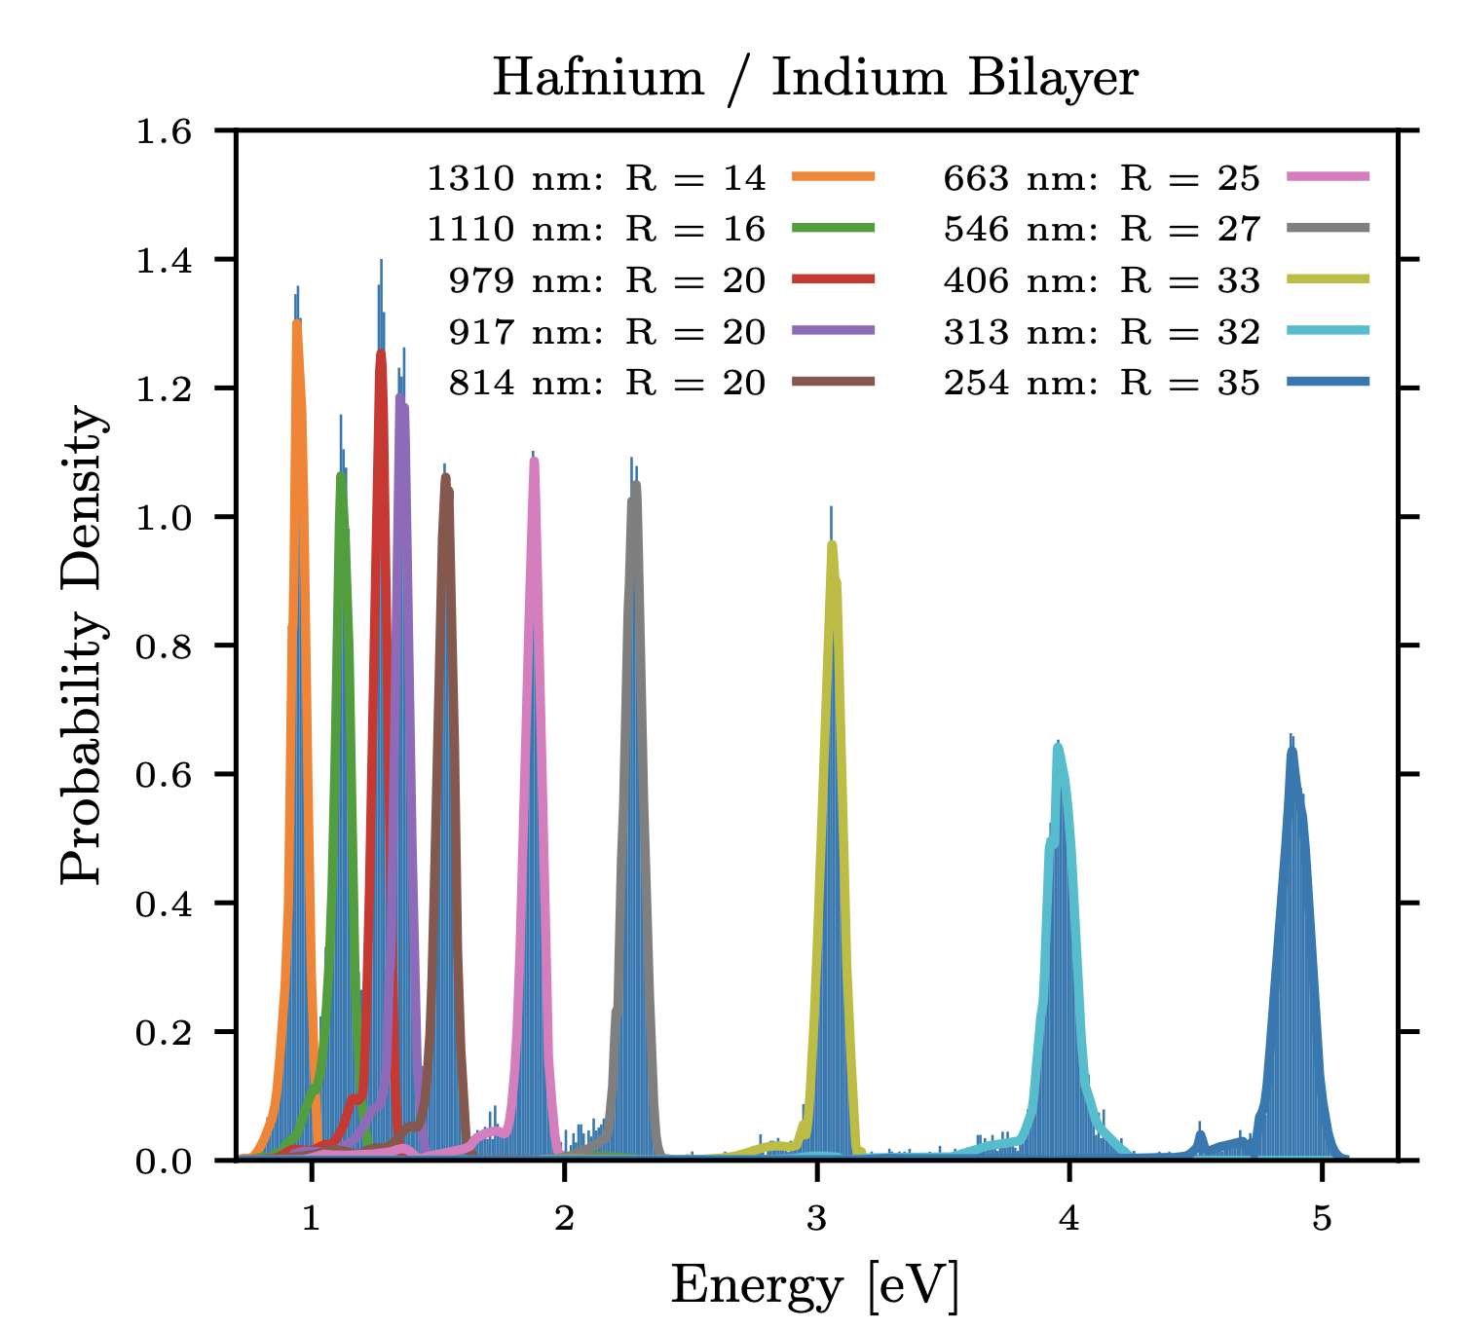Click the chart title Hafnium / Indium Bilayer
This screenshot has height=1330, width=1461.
814,78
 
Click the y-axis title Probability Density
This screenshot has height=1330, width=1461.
82,645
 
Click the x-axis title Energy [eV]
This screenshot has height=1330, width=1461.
814,1285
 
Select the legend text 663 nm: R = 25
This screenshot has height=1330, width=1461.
1102,178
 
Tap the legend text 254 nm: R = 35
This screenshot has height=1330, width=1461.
1102,384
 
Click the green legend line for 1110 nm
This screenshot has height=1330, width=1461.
834,229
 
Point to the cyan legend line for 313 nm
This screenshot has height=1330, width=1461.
1328,331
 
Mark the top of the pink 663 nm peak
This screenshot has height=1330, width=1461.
534,460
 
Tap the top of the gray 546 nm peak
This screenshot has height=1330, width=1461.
635,484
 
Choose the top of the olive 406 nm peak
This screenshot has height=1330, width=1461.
832,544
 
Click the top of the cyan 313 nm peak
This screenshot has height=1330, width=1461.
1058,747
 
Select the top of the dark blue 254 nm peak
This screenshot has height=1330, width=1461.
1292,749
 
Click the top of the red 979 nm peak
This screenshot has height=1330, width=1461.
381,352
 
